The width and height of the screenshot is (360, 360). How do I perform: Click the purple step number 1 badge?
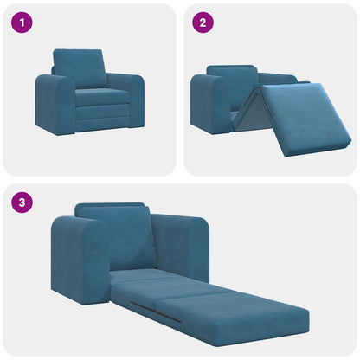tap(22, 23)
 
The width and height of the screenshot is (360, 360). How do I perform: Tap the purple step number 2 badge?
tap(202, 23)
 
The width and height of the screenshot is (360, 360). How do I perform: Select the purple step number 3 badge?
tap(22, 203)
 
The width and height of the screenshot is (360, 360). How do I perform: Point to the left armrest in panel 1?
tap(54, 104)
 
